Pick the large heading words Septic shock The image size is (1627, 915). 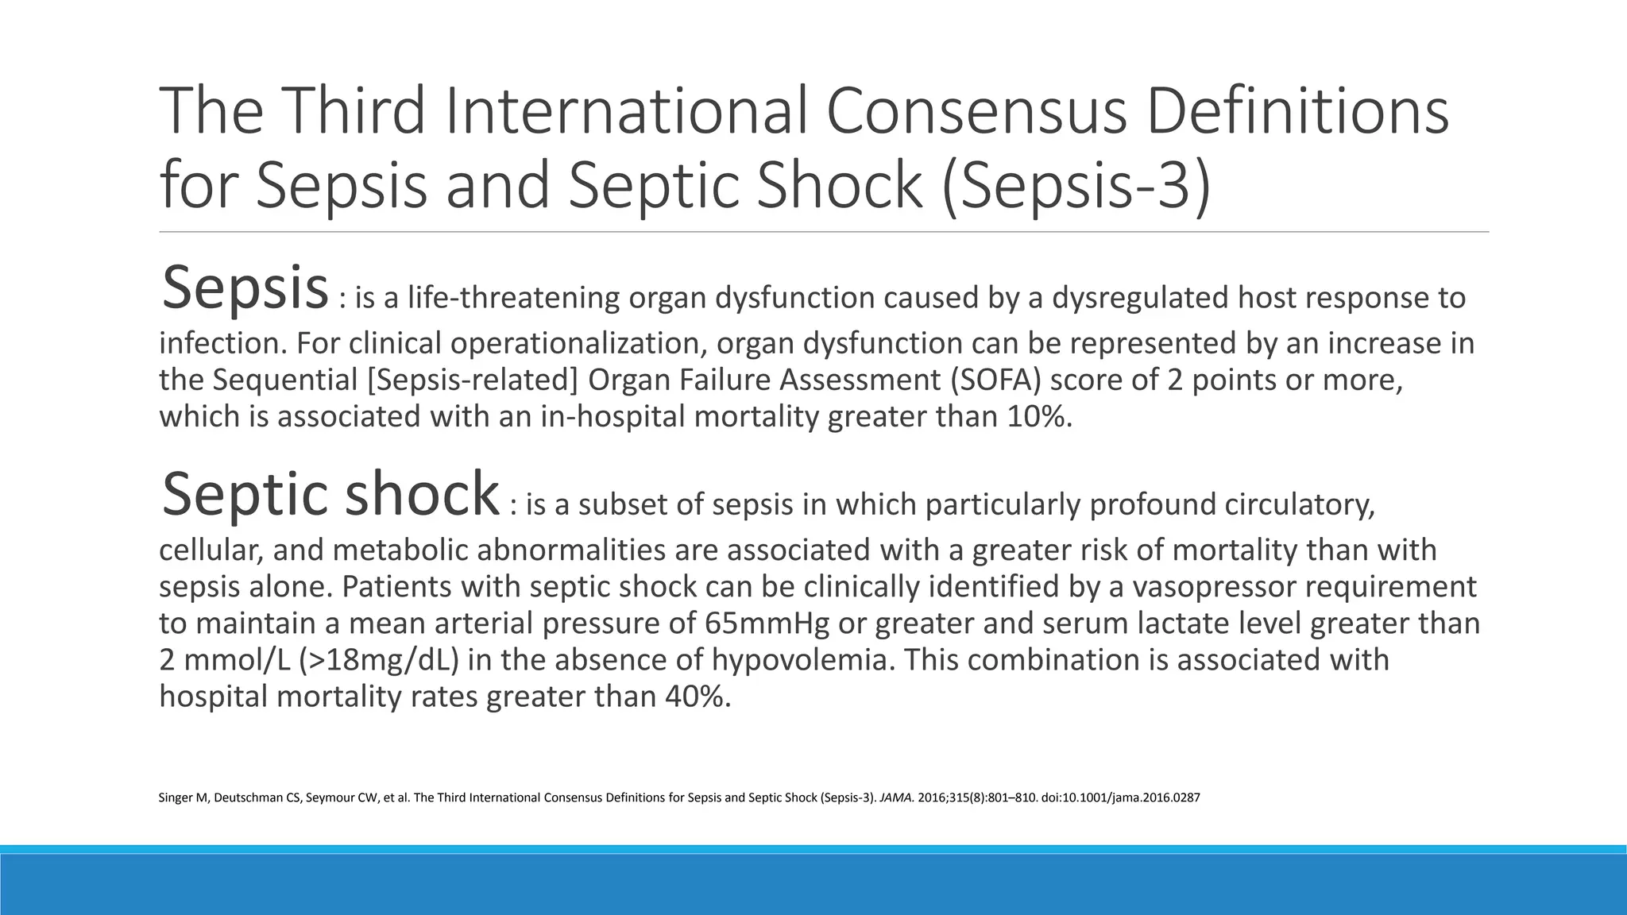tap(330, 494)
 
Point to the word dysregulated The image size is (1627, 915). tap(1139, 298)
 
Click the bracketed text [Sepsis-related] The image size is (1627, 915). tap(473, 380)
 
